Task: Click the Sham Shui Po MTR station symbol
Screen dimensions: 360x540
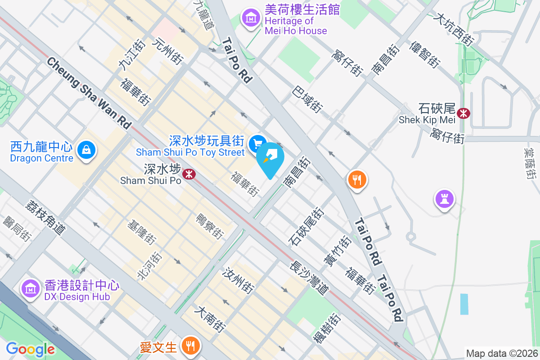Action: pyautogui.click(x=189, y=173)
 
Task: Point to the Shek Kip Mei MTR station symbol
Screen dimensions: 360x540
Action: pyautogui.click(x=463, y=113)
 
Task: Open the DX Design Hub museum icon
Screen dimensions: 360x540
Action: pyautogui.click(x=30, y=288)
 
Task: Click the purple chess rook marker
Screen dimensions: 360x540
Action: pyautogui.click(x=444, y=198)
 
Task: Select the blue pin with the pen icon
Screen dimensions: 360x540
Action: pyautogui.click(x=271, y=158)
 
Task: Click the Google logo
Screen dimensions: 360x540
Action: pyautogui.click(x=30, y=349)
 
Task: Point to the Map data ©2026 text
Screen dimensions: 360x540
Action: pyautogui.click(x=501, y=353)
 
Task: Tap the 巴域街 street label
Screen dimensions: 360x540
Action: pyautogui.click(x=308, y=100)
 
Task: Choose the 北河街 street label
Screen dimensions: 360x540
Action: pyautogui.click(x=149, y=266)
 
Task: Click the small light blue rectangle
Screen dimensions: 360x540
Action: pyautogui.click(x=464, y=304)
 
